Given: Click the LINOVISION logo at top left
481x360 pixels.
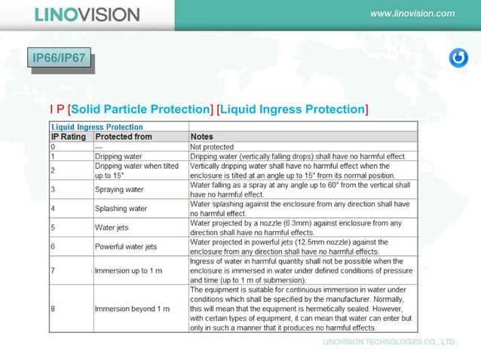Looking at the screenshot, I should click(87, 14).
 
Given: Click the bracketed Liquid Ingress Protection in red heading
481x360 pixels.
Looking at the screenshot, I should click(293, 110).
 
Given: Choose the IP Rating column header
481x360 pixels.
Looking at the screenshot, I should click(68, 137).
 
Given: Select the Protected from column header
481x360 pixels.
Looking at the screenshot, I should click(124, 137).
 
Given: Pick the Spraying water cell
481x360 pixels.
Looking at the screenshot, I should click(119, 190).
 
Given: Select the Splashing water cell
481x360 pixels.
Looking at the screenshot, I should click(121, 208).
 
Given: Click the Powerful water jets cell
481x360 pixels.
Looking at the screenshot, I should click(126, 246).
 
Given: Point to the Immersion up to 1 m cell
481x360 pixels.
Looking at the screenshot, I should click(128, 270).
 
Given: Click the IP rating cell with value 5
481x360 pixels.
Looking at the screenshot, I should click(54, 227).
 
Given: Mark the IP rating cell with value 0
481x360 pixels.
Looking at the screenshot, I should click(54, 147).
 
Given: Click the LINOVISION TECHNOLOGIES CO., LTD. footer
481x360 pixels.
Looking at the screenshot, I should click(390, 342).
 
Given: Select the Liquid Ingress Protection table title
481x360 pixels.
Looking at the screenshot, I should click(97, 127).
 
